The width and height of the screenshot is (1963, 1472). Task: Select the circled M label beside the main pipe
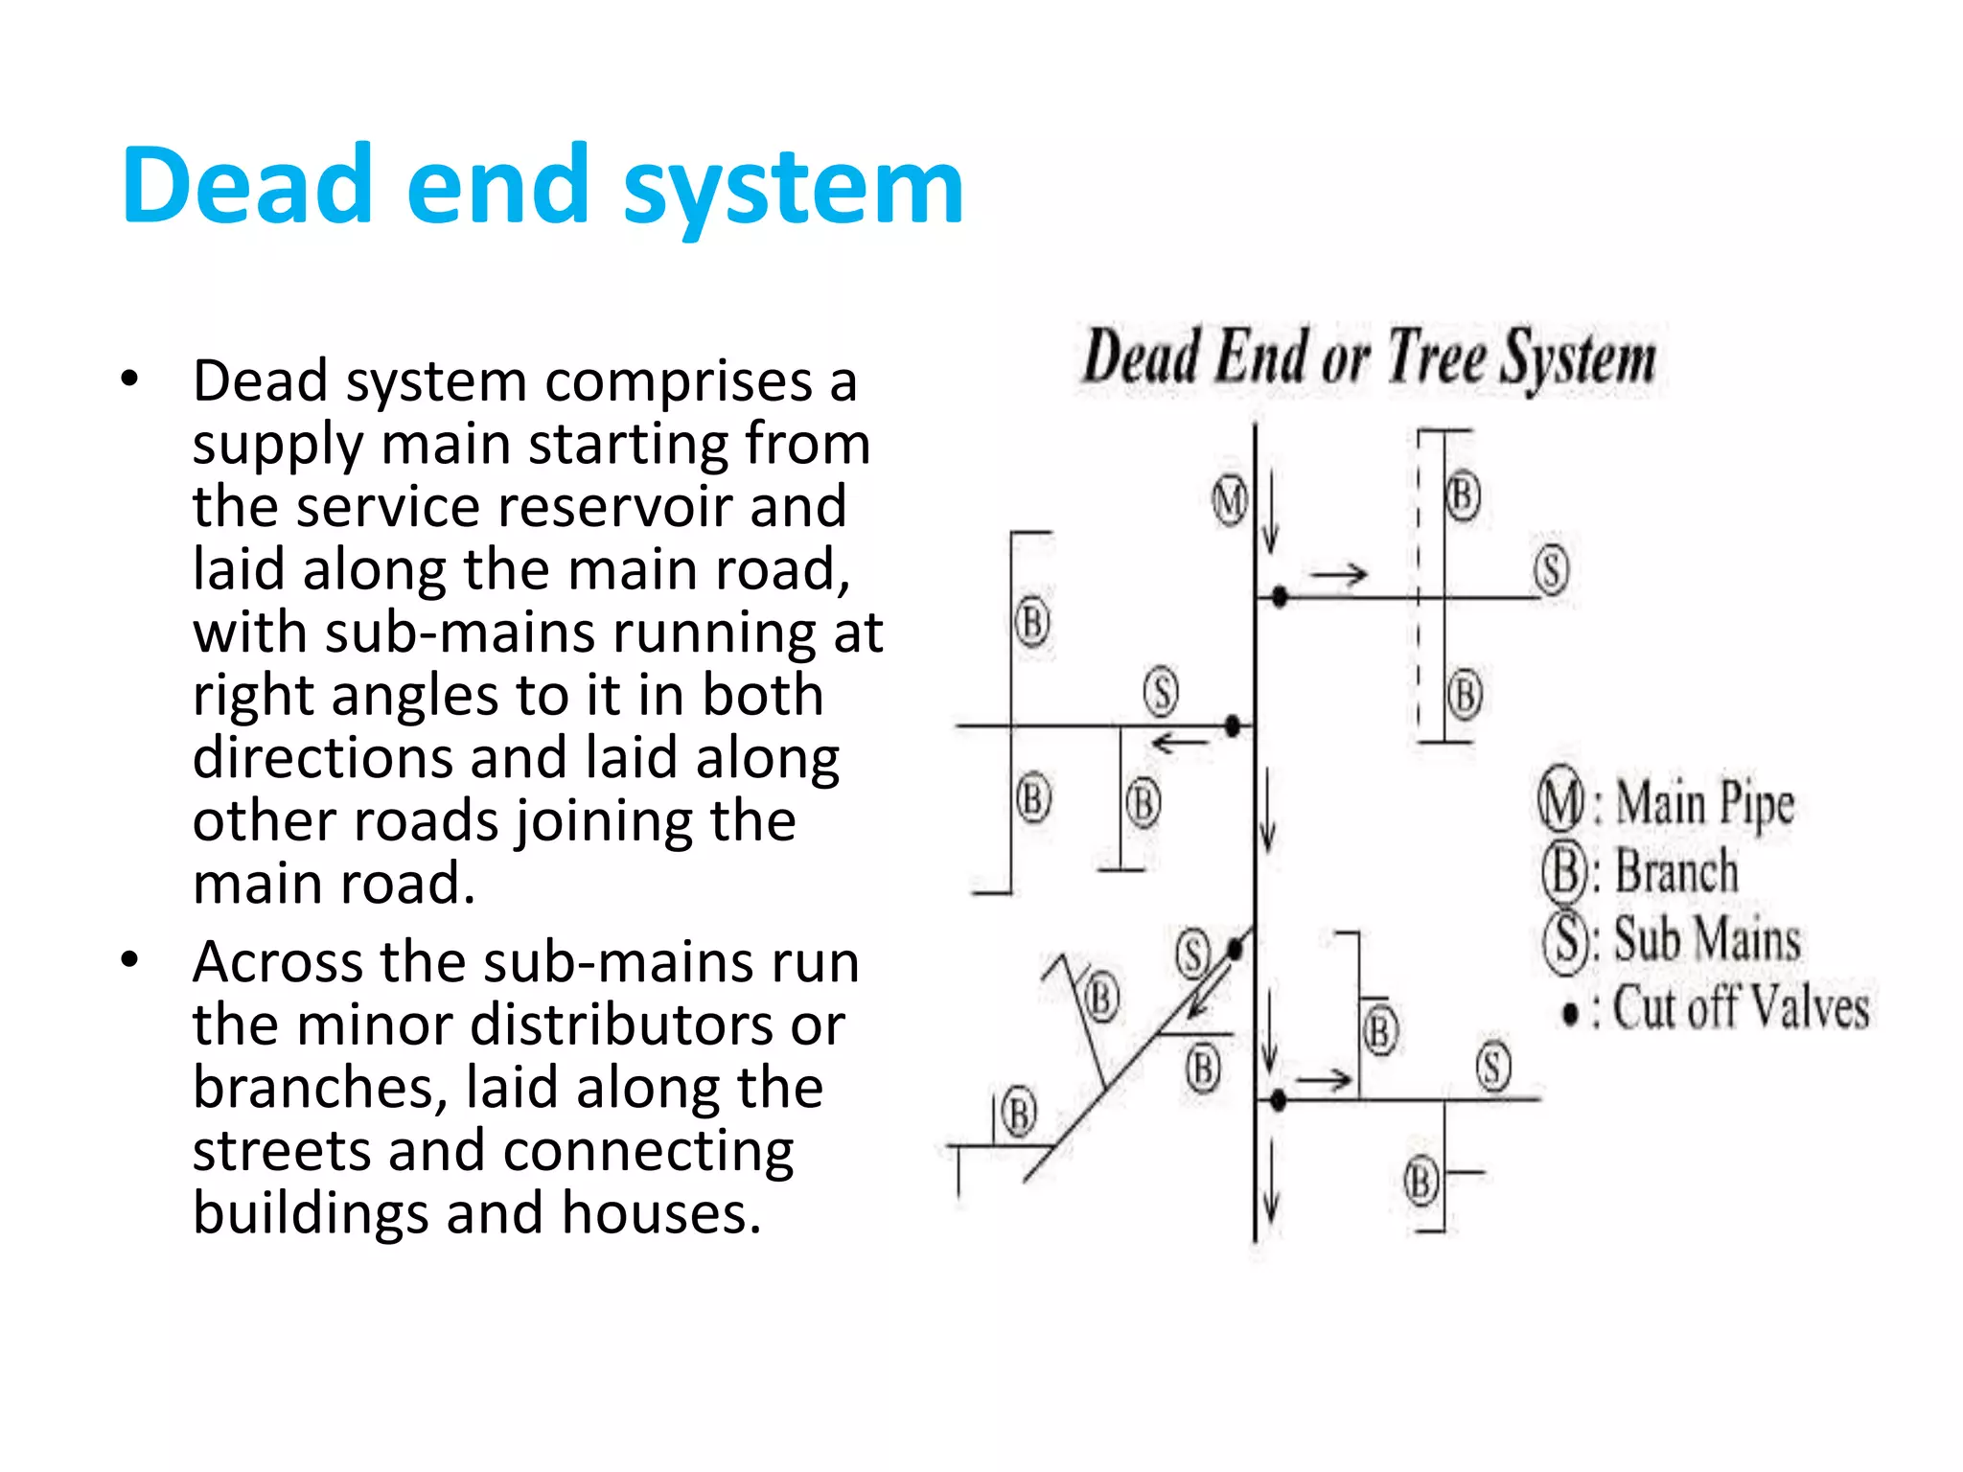click(1229, 500)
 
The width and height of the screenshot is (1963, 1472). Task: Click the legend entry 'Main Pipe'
click(1704, 803)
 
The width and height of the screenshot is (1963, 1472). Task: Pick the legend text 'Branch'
click(1676, 872)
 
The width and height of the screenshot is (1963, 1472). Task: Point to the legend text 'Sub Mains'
click(1707, 939)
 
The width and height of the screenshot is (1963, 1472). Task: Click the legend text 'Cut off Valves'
click(1741, 1008)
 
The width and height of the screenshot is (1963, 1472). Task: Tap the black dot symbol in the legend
click(1570, 1013)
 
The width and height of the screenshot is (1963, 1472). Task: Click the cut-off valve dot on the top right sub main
click(1279, 597)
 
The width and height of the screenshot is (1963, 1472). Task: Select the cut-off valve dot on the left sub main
click(1234, 725)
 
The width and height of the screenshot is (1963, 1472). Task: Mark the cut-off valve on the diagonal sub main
click(1236, 949)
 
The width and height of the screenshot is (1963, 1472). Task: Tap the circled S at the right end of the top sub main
click(1551, 569)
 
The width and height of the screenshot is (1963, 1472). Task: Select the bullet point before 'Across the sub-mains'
click(130, 960)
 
